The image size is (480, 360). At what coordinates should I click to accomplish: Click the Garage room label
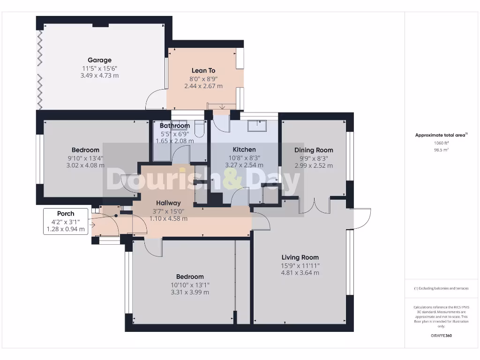[x=99, y=60]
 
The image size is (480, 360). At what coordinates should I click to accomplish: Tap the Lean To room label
[x=203, y=71]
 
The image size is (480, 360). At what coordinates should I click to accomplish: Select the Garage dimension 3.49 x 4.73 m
[x=99, y=75]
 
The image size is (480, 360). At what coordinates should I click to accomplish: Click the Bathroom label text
[x=174, y=126]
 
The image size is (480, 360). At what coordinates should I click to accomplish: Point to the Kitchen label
[x=244, y=150]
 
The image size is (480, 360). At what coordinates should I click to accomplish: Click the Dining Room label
[x=314, y=150]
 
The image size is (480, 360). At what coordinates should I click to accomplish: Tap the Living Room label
[x=300, y=257]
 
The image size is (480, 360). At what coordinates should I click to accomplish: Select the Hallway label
[x=168, y=203]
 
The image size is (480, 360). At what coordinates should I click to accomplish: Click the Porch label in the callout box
[x=66, y=214]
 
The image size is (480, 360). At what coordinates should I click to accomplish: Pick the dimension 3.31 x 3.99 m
[x=190, y=292]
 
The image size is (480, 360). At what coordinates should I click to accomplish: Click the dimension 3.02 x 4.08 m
[x=86, y=165]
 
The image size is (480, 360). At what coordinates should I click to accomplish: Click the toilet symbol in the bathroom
[x=199, y=127]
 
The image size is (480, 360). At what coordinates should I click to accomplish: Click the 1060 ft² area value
[x=441, y=143]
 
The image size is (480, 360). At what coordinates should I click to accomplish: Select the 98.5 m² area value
[x=441, y=150]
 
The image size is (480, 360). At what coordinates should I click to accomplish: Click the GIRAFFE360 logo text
[x=441, y=336]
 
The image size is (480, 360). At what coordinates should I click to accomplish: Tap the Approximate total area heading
[x=441, y=135]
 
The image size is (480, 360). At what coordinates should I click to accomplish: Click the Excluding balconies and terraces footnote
[x=441, y=289]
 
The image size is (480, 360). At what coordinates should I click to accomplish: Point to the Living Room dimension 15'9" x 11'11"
[x=300, y=265]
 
